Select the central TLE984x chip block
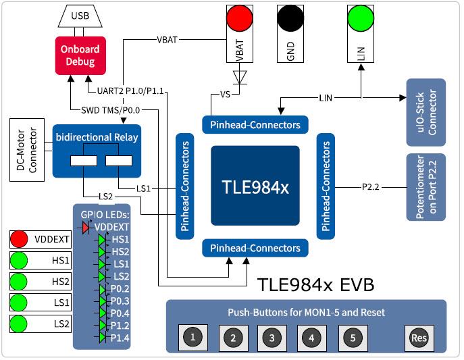(255, 186)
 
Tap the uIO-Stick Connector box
(426, 112)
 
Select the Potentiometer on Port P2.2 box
(426, 187)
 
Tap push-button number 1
(193, 337)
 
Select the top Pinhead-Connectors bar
(255, 125)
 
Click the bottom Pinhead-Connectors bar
(255, 249)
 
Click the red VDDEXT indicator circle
(19, 239)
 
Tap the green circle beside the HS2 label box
(19, 281)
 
